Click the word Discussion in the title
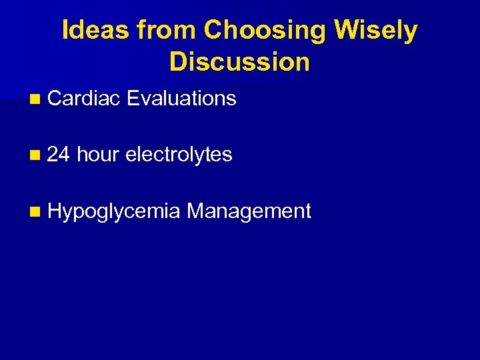(x=239, y=62)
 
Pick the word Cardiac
(x=84, y=99)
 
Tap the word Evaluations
(x=181, y=99)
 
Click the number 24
(x=59, y=155)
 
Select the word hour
(x=97, y=155)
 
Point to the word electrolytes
(x=179, y=155)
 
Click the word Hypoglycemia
(x=114, y=212)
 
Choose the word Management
(x=249, y=211)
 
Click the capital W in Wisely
(x=347, y=31)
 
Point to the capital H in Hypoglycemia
(x=54, y=211)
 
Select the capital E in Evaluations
(x=131, y=99)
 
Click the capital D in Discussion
(x=178, y=62)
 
